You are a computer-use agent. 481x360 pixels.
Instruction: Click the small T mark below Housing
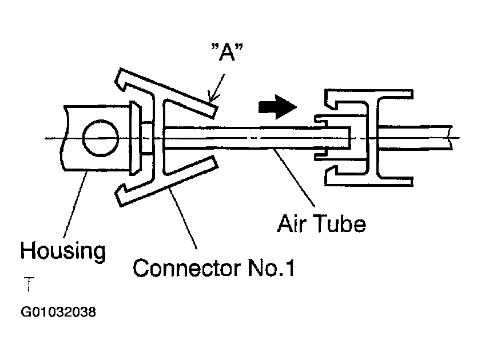point(27,283)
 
